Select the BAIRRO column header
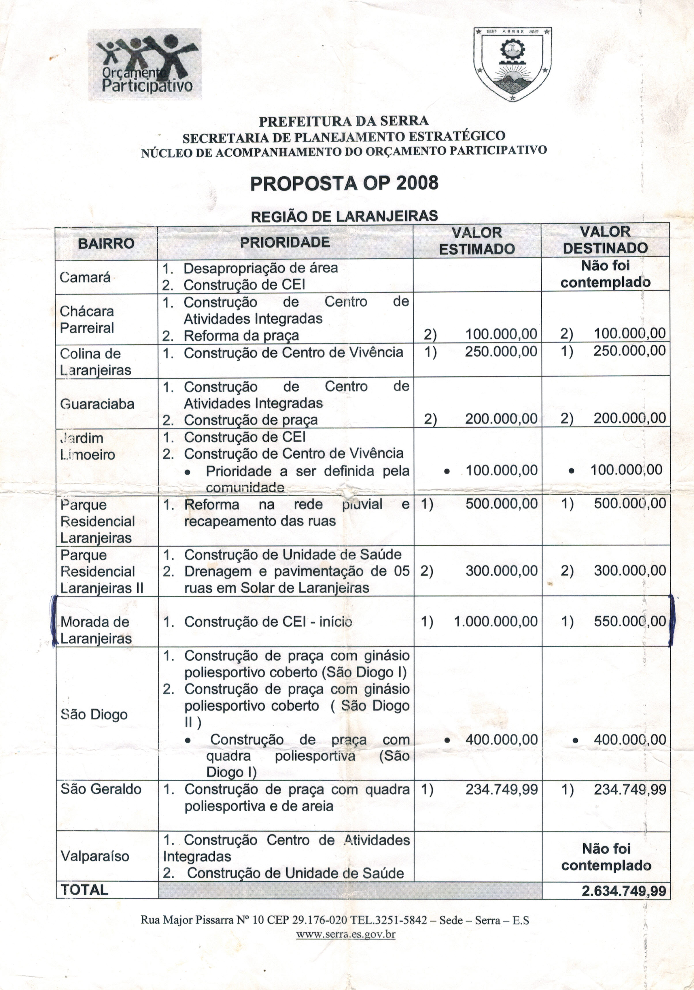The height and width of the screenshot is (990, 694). (106, 244)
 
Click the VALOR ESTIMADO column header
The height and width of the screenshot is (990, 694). (477, 241)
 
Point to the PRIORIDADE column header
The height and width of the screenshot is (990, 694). (285, 242)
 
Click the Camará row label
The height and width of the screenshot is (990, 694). (85, 277)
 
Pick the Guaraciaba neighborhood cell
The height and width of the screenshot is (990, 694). (97, 404)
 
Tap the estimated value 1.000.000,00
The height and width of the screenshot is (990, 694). (496, 621)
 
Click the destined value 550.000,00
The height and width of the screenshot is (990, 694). (630, 621)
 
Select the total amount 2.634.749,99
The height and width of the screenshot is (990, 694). (624, 891)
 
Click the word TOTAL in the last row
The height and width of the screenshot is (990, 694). (84, 890)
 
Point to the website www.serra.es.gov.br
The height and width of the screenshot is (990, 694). (346, 934)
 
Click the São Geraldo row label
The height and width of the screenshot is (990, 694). (101, 789)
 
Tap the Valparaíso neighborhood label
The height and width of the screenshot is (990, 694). (95, 856)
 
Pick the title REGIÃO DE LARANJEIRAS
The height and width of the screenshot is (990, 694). (344, 216)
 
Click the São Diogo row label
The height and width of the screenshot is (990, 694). (94, 715)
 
